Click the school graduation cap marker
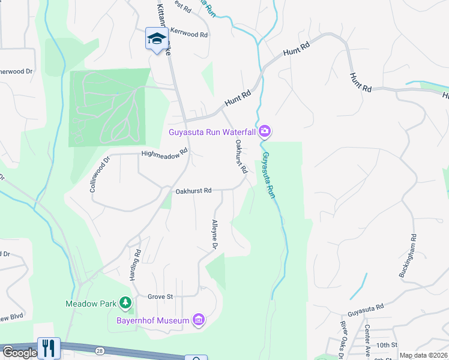[x=156, y=39]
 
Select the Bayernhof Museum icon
[x=199, y=320]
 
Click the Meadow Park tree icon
[x=125, y=304]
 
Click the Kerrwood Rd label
[x=189, y=35]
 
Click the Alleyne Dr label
[x=214, y=235]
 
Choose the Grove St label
[x=160, y=296]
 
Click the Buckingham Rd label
[x=408, y=256]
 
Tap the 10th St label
[x=387, y=345]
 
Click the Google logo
[x=19, y=353]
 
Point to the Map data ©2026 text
[x=423, y=355]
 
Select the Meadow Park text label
[x=91, y=304]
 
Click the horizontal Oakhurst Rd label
[x=193, y=191]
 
